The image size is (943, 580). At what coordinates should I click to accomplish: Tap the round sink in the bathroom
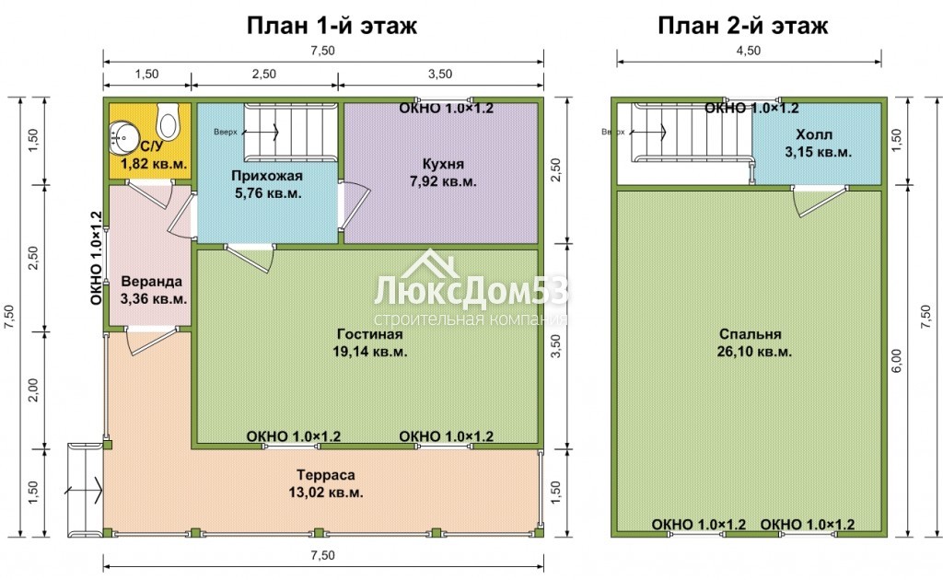[124, 138]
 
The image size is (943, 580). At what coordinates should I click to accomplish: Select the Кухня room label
[443, 172]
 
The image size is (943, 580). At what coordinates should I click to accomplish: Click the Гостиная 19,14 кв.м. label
[370, 342]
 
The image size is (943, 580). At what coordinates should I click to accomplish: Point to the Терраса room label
[326, 484]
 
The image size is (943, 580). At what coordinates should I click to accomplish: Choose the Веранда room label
[153, 290]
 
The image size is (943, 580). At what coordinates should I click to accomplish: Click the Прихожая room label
[267, 184]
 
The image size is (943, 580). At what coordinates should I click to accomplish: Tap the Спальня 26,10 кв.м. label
[754, 342]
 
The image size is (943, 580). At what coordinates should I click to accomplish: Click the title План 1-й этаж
[332, 26]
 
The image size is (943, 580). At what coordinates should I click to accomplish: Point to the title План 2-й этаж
[743, 26]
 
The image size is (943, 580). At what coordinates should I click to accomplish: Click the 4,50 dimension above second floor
[749, 51]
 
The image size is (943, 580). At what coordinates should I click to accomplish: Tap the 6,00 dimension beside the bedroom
[897, 361]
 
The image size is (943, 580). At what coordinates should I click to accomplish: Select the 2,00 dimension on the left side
[33, 390]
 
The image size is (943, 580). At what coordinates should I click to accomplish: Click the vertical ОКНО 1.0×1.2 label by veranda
[96, 258]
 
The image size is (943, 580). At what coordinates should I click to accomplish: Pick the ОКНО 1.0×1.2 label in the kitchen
[447, 109]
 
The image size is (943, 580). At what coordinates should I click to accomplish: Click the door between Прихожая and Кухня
[354, 206]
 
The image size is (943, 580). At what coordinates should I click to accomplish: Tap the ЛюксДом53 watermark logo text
[471, 292]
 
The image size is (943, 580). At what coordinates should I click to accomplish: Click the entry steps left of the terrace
[86, 490]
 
